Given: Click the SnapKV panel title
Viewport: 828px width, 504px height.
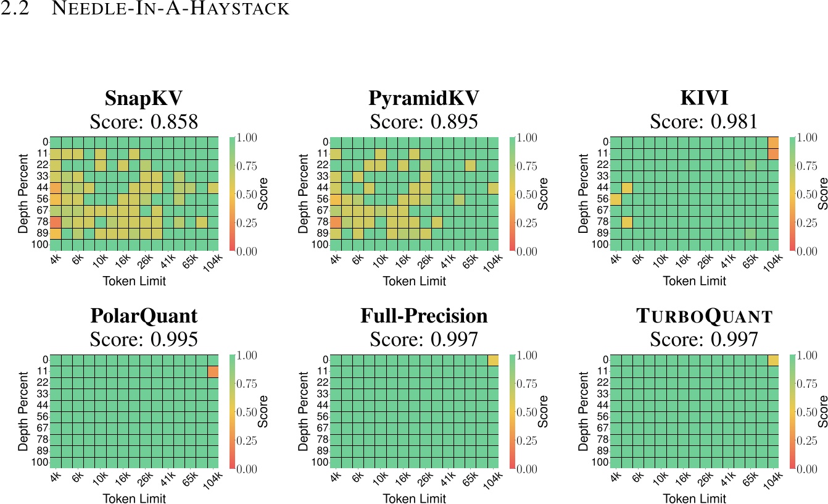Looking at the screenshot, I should click(x=144, y=99).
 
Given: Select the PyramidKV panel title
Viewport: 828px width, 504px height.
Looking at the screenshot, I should click(x=423, y=99).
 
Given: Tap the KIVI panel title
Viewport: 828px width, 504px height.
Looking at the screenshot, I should click(x=703, y=99).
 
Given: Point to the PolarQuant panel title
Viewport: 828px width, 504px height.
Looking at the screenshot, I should click(x=144, y=316).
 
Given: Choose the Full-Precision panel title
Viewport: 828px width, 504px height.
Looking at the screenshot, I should click(x=423, y=316).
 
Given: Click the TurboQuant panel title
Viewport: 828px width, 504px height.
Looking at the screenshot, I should click(x=703, y=317).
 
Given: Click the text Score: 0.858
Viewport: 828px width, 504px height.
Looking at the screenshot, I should click(x=144, y=122).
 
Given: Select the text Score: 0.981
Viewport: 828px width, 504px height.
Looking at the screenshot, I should click(x=703, y=122).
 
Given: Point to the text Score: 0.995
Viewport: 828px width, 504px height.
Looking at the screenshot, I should click(x=144, y=339).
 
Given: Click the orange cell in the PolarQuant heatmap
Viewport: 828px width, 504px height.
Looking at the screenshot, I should click(x=213, y=372).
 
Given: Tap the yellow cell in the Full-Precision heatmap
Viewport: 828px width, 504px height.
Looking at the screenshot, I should click(x=493, y=360).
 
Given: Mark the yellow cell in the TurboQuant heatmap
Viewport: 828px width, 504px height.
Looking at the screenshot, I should click(x=773, y=360).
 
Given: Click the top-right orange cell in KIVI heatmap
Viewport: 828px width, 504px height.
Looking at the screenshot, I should click(x=773, y=143).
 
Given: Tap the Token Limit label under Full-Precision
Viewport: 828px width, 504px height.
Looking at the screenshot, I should click(x=412, y=498).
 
